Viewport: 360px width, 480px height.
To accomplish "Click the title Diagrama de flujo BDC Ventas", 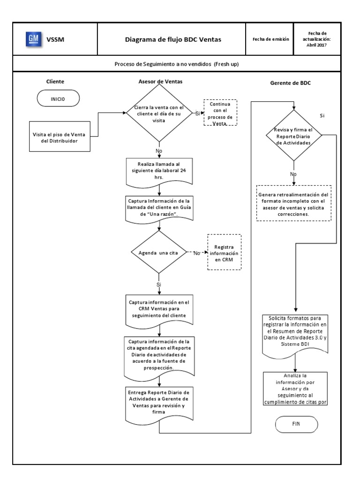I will click(172, 39).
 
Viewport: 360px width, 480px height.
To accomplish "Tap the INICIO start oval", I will click(58, 99).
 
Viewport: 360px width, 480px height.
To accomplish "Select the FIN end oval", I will click(295, 423).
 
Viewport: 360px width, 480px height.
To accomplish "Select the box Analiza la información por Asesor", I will click(295, 388).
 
